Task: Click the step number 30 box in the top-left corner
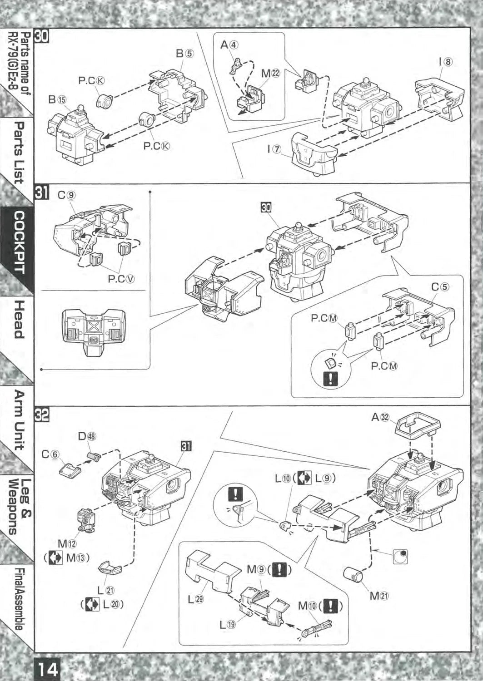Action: pyautogui.click(x=42, y=36)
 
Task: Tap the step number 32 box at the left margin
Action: pyautogui.click(x=42, y=415)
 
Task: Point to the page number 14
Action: pyautogui.click(x=47, y=669)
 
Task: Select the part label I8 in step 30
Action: pyautogui.click(x=445, y=62)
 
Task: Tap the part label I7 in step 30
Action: pyautogui.click(x=274, y=149)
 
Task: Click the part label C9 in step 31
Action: pyautogui.click(x=66, y=195)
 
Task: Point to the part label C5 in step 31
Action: pyautogui.click(x=440, y=287)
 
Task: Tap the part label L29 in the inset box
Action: pyautogui.click(x=196, y=599)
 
